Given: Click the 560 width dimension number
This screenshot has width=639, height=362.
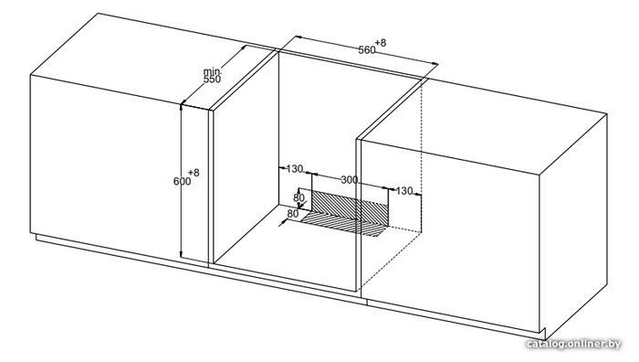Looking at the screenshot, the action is coord(367,49).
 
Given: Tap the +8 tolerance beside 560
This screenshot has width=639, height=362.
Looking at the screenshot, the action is coord(381,42).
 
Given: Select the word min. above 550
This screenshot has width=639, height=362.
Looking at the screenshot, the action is coord(212,71).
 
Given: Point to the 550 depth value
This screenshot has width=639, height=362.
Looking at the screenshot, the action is coord(212,80).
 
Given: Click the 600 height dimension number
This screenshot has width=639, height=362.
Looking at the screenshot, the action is coord(183,181).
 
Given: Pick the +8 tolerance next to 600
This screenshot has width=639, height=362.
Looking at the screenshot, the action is coord(194,173).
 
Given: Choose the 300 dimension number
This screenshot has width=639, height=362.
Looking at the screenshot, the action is coord(350,179).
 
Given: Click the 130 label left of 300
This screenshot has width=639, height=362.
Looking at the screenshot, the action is coord(295,168).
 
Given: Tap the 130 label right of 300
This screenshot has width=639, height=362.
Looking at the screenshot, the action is coord(403,190).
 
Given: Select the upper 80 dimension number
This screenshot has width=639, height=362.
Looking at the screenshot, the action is coord(299,198).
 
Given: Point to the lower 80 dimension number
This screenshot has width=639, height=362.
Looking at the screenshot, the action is coord(293,213).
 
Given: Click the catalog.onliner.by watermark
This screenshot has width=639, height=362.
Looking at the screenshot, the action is coord(574,344).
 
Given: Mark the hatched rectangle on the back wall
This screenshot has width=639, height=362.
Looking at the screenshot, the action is coord(350,208).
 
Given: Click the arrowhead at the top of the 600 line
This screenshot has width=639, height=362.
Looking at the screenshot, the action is coord(181,107).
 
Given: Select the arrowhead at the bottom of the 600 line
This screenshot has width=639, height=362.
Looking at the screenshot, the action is coord(181,255).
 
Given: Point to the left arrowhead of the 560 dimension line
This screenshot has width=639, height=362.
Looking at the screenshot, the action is coord(298,37).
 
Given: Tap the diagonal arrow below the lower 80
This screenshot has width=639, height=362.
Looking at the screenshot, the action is coord(283,222).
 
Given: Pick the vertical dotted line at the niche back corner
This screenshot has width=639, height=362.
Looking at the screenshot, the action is coord(422,155).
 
